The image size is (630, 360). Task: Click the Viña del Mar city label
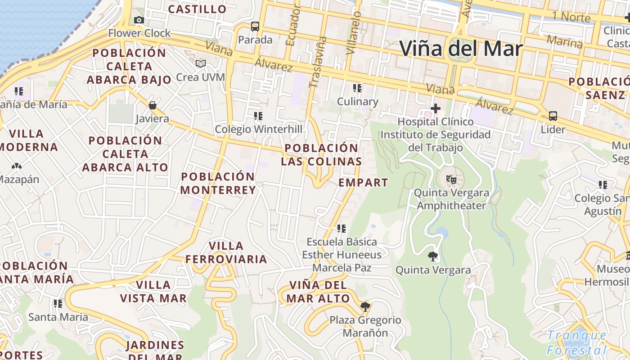pyautogui.click(x=461, y=49)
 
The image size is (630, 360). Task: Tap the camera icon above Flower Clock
pyautogui.click(x=139, y=20)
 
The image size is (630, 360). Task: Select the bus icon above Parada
pyautogui.click(x=255, y=27)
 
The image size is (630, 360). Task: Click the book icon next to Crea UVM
pyautogui.click(x=201, y=64)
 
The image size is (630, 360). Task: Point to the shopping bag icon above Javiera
pyautogui.click(x=153, y=106)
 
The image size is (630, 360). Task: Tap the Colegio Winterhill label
pyautogui.click(x=258, y=130)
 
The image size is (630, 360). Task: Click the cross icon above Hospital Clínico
pyautogui.click(x=435, y=108)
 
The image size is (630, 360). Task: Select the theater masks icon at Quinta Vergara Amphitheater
pyautogui.click(x=451, y=180)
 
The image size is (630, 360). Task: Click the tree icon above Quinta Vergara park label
pyautogui.click(x=432, y=256)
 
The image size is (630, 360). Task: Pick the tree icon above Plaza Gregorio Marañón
pyautogui.click(x=365, y=307)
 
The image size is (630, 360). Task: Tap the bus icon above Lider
pyautogui.click(x=553, y=116)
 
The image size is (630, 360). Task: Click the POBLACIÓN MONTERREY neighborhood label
pyautogui.click(x=218, y=183)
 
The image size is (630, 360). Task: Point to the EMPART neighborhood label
pyautogui.click(x=363, y=183)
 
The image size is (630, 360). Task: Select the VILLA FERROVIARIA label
pyautogui.click(x=226, y=252)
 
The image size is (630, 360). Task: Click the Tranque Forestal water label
pyautogui.click(x=577, y=343)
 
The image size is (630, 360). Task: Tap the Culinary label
pyautogui.click(x=358, y=102)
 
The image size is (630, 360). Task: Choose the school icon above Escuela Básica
pyautogui.click(x=342, y=229)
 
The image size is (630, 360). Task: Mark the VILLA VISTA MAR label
pyautogui.click(x=153, y=292)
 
